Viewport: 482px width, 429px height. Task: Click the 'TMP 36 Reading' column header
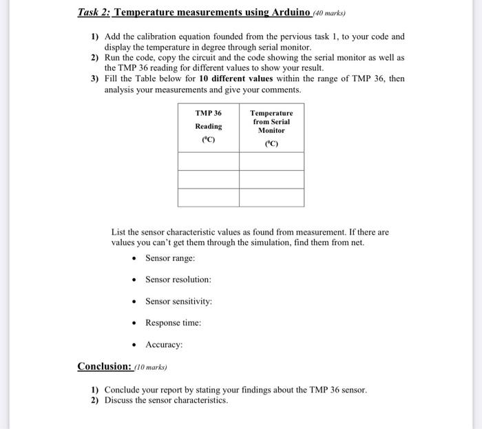point(209,126)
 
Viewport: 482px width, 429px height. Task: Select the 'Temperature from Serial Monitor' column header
point(271,126)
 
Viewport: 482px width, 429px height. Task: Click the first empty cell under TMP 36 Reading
point(209,160)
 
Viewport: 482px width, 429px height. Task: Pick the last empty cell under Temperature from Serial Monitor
point(271,197)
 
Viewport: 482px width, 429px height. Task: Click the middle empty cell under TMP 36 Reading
point(209,179)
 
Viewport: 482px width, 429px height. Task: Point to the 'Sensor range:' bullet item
point(169,258)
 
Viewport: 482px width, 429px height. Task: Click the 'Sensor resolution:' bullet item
point(178,280)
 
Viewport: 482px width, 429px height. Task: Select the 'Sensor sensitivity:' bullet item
point(178,302)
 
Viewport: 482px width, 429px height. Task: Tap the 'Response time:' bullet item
point(173,323)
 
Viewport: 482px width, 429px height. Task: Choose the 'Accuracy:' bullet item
point(164,344)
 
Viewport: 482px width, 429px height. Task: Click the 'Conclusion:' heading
point(104,366)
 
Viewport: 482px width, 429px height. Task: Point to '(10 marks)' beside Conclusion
point(150,367)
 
